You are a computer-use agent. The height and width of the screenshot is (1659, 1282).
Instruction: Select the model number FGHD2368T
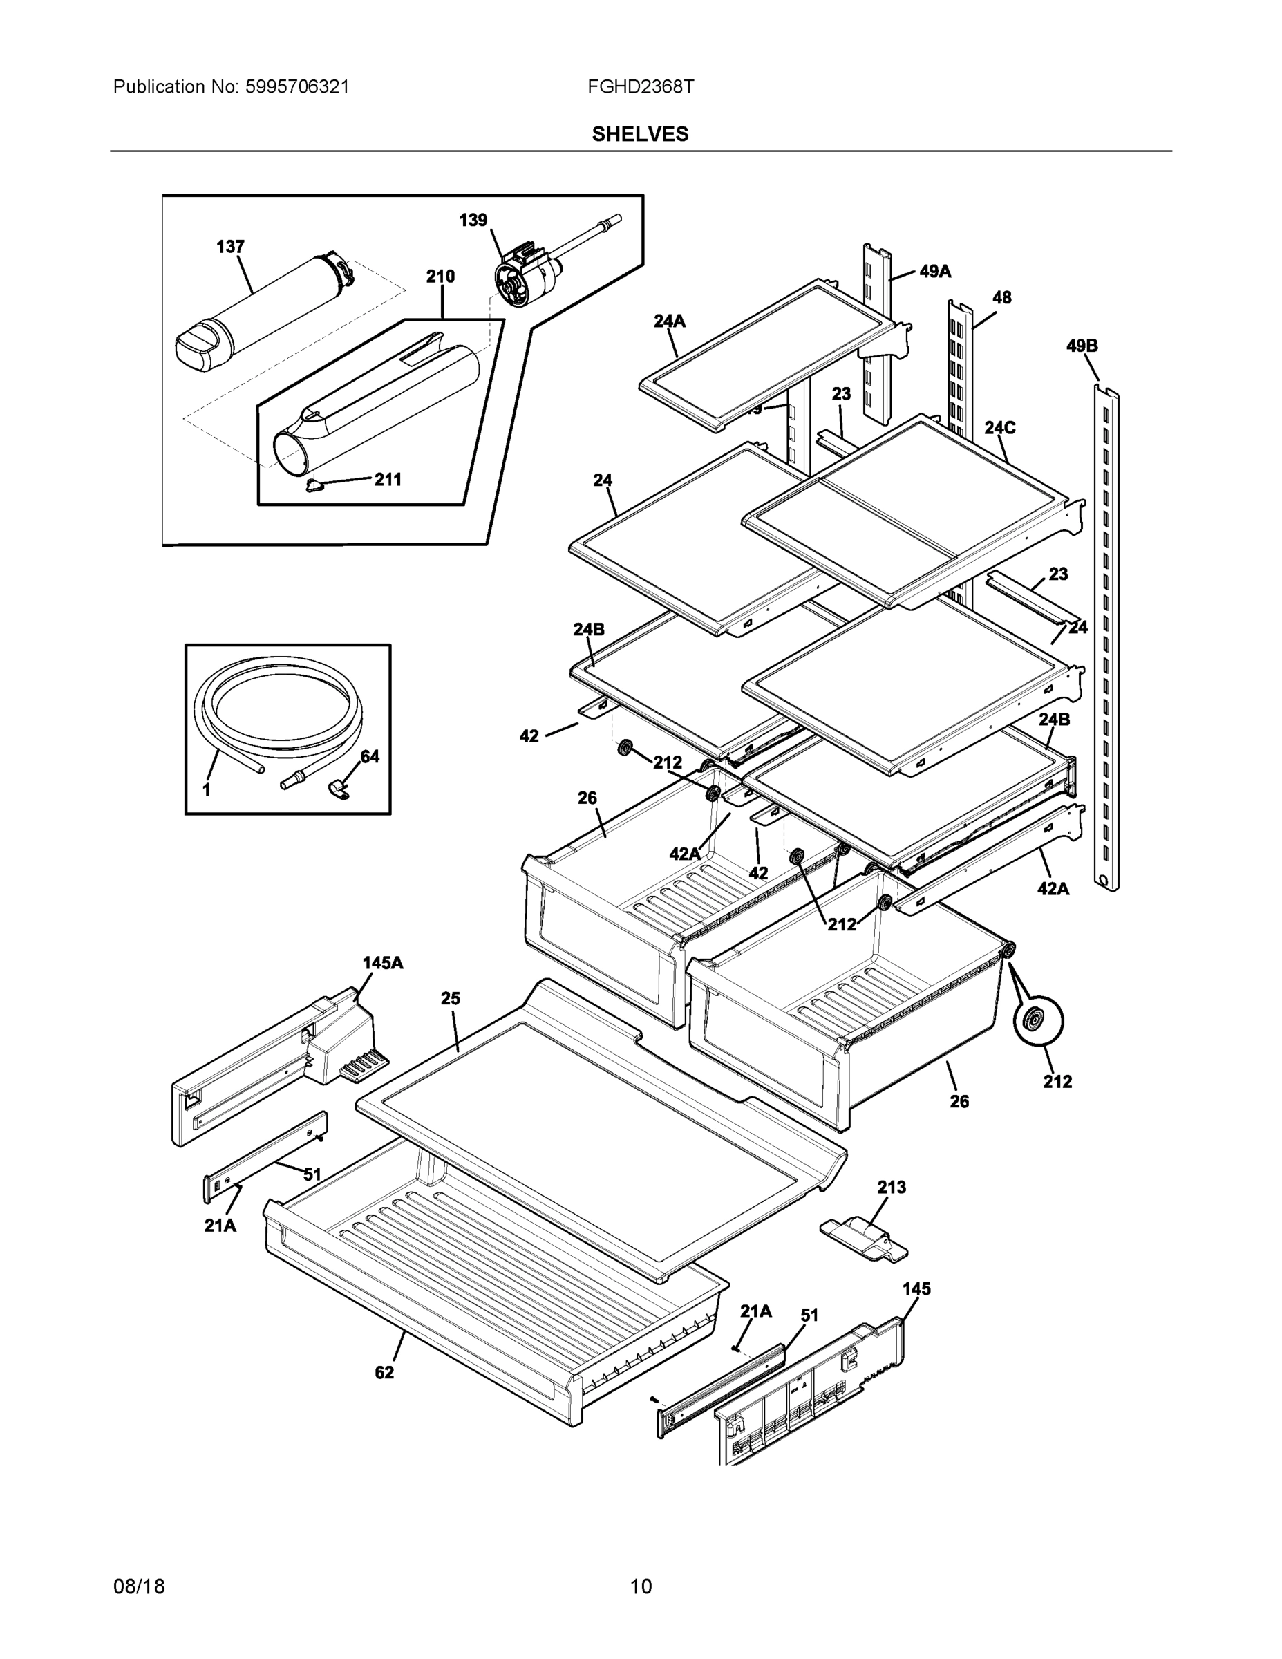[639, 86]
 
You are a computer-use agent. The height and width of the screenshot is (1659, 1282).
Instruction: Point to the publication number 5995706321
[297, 86]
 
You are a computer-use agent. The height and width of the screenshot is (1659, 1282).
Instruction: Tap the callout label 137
[230, 247]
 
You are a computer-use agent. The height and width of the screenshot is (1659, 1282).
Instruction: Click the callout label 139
[473, 221]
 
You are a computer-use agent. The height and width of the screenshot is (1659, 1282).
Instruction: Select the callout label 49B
[1082, 346]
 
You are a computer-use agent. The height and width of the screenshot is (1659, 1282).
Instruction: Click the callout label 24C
[999, 428]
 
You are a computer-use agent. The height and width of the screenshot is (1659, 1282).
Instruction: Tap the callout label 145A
[383, 963]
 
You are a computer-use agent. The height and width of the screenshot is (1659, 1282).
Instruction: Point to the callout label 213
[892, 1186]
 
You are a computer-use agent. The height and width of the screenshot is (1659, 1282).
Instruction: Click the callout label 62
[384, 1372]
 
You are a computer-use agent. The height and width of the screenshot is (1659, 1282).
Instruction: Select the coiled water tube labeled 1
[277, 702]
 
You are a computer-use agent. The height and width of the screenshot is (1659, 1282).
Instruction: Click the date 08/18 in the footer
[138, 1586]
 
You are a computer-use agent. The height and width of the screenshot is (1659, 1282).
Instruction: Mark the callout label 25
[451, 998]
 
